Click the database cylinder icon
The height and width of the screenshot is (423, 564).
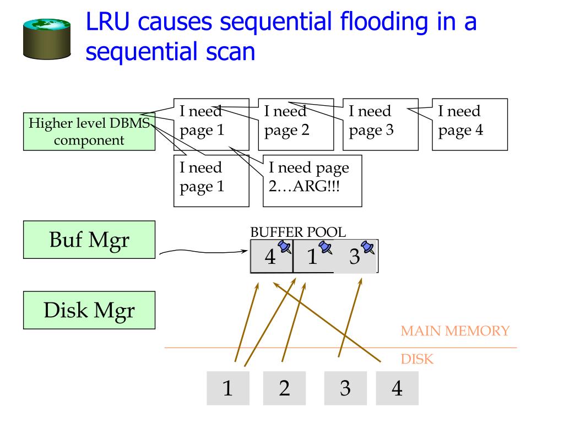[x=47, y=39]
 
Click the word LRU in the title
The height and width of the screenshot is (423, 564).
[x=107, y=21]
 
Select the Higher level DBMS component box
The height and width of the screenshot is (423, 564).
[x=89, y=132]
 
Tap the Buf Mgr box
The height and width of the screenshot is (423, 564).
[x=89, y=240]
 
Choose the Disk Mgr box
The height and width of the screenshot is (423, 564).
[x=89, y=310]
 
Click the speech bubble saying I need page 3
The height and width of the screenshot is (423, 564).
[x=381, y=124]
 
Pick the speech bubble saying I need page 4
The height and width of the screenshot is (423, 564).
[x=470, y=124]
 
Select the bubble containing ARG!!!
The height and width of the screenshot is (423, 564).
[x=312, y=181]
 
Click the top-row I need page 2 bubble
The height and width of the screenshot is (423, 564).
[x=296, y=124]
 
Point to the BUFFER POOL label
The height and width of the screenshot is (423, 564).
[x=298, y=232]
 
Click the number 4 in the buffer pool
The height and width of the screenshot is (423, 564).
[x=270, y=257]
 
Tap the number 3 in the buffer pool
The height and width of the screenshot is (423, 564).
[x=355, y=257]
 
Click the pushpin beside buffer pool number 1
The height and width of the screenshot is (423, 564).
[x=326, y=247]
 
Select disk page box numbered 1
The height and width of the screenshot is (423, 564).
[x=228, y=388]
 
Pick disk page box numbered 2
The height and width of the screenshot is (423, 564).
[x=285, y=388]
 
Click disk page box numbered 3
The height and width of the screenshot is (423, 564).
[x=346, y=388]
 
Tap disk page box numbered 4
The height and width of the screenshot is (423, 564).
[x=398, y=388]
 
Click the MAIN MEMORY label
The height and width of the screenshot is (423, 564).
[x=455, y=331]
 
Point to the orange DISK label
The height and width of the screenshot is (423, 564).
[x=417, y=359]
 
